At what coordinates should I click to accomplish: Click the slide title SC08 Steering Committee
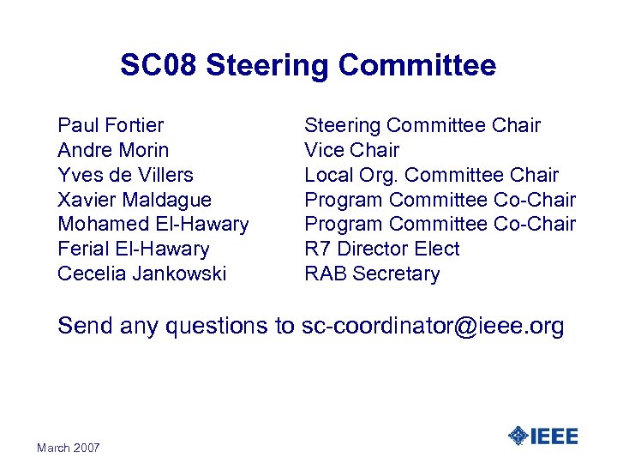308,65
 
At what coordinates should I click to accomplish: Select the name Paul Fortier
111,125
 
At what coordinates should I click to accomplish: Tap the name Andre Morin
113,150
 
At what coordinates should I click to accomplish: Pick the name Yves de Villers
125,175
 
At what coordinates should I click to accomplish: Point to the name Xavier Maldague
135,200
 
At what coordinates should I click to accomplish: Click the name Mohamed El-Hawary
153,225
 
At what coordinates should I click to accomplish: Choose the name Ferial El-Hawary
133,250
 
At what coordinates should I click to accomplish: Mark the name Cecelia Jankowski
141,274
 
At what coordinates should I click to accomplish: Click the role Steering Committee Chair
422,125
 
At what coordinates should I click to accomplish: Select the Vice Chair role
351,150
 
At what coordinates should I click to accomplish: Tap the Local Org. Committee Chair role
431,175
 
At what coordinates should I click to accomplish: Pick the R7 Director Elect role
382,250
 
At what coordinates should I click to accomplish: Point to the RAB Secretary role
372,274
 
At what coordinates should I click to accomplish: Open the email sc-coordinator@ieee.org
433,327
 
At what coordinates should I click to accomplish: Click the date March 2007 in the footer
69,448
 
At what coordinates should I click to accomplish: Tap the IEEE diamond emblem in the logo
518,436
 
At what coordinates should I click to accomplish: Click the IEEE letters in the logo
554,436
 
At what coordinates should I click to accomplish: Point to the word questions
213,327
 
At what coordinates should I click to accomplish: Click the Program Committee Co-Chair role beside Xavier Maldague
440,200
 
